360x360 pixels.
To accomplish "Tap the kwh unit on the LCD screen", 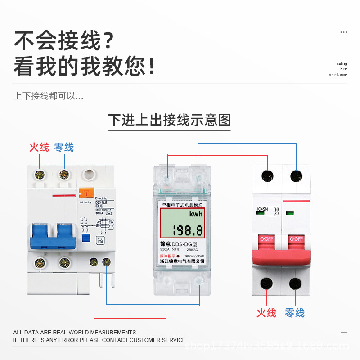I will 196,214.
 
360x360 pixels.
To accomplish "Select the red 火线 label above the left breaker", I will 39,147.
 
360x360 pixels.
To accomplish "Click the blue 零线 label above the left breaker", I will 63,147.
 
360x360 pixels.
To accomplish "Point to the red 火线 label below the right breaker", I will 266,313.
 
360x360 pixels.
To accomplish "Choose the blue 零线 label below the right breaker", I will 295,313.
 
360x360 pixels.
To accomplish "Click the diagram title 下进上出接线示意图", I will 170,120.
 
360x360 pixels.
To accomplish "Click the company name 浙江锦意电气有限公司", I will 182,261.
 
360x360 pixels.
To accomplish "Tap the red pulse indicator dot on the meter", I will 178,256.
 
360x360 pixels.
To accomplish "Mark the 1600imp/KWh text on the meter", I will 193,256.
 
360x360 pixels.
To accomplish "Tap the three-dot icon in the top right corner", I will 344,32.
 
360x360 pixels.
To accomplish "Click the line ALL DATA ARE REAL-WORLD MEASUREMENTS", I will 75,332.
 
